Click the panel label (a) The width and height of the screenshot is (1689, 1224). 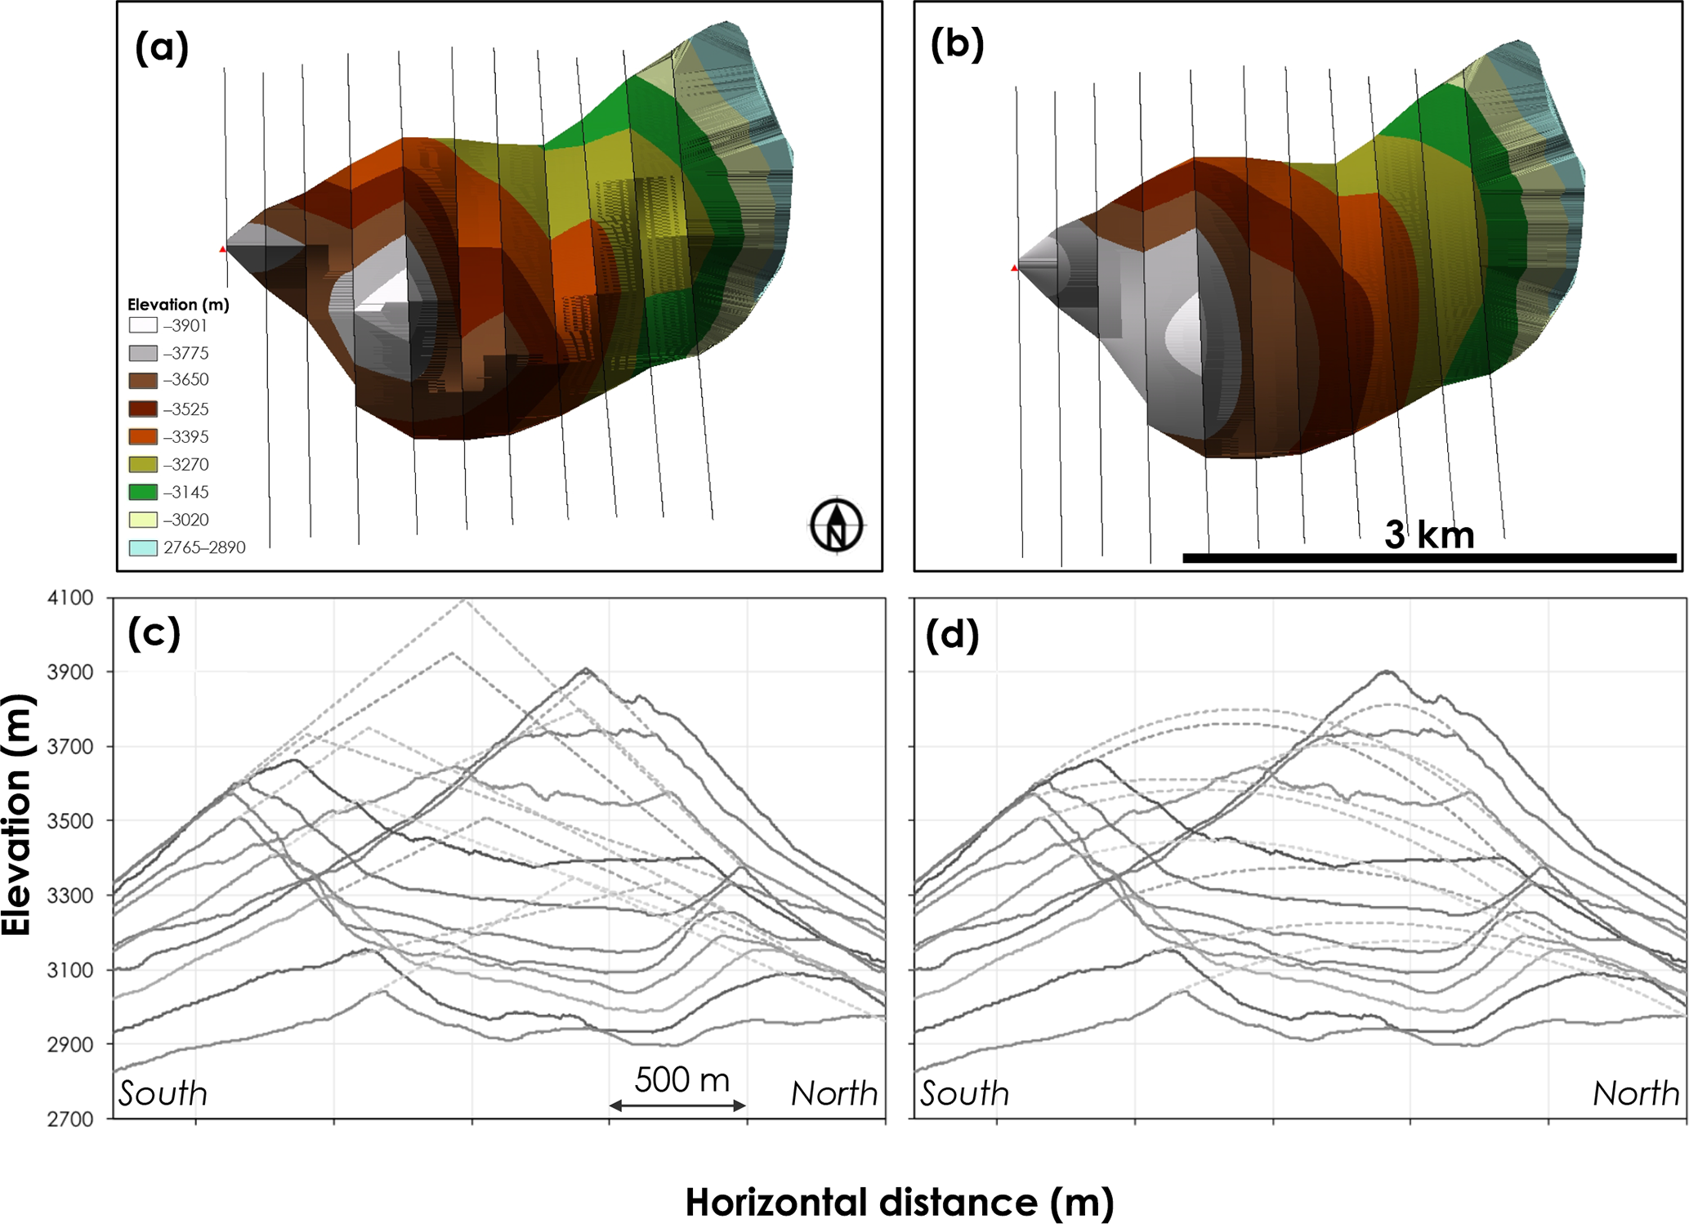[x=162, y=47]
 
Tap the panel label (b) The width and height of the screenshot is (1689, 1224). [x=957, y=44]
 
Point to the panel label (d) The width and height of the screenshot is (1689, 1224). [x=952, y=635]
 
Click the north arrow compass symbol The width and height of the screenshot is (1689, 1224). [x=836, y=525]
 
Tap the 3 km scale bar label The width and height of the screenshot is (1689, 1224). [x=1429, y=535]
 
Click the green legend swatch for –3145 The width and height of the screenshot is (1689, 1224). [x=143, y=492]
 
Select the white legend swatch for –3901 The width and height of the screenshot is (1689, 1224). [x=143, y=325]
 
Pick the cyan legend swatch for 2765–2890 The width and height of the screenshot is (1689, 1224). [x=143, y=547]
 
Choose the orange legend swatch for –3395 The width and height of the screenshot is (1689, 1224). [x=143, y=436]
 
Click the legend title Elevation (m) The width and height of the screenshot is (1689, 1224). [x=178, y=305]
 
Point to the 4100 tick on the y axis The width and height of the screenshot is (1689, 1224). [x=70, y=598]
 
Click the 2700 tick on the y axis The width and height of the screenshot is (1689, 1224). [x=70, y=1119]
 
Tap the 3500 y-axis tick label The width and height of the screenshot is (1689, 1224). [x=70, y=820]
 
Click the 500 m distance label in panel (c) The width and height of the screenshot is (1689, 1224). [x=681, y=1080]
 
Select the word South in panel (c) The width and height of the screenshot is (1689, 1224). [x=163, y=1093]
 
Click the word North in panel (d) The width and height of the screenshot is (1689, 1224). [x=1635, y=1093]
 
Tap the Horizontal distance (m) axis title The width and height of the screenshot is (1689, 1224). [x=899, y=1202]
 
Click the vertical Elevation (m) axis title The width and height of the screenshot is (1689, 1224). [x=16, y=815]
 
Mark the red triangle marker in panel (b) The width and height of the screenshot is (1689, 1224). [x=1014, y=268]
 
